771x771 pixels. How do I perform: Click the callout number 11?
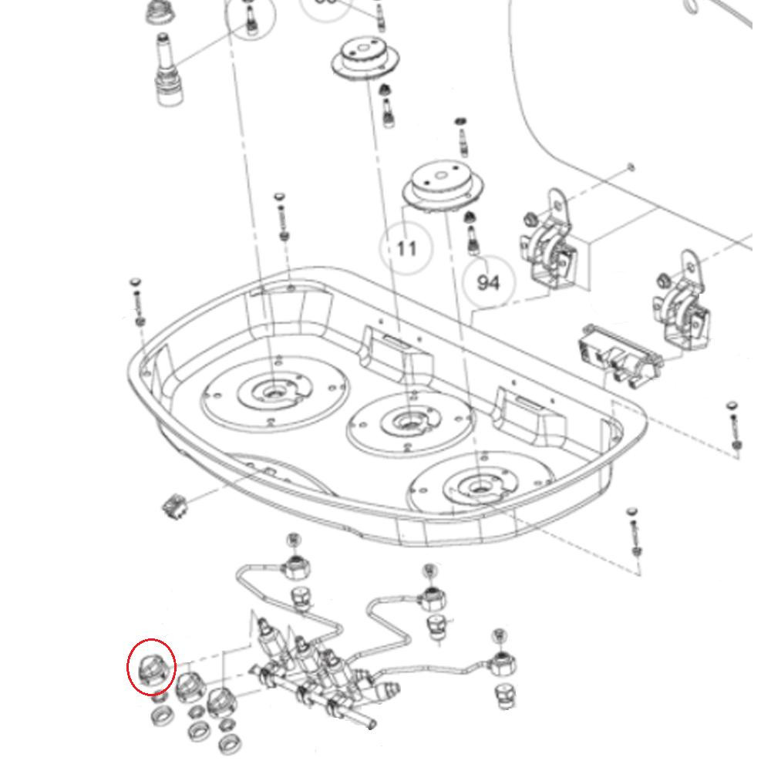click(x=406, y=247)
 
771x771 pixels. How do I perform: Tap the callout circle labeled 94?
click(x=488, y=282)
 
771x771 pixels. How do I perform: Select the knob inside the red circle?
click(x=151, y=666)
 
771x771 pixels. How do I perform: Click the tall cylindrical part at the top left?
click(x=168, y=69)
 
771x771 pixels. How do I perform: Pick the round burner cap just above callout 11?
click(x=439, y=186)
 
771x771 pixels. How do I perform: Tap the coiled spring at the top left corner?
click(x=159, y=12)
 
